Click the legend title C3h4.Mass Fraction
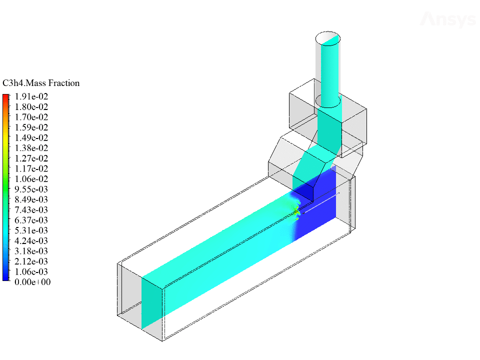(x=41, y=83)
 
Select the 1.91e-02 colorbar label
(x=31, y=96)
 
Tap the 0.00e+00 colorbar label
(x=32, y=282)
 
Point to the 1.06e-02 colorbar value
(x=31, y=179)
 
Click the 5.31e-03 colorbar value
(x=31, y=230)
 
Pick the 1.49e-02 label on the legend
(x=31, y=137)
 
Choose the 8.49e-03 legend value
(x=31, y=199)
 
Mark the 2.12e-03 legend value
(x=31, y=261)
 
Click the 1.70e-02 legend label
(x=31, y=117)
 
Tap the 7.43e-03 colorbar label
(x=31, y=209)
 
